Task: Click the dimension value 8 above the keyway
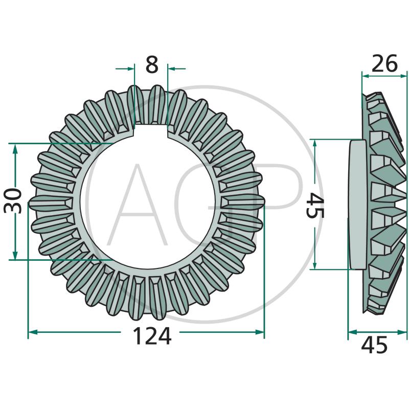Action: tap(152, 65)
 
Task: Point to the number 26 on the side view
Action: tap(384, 64)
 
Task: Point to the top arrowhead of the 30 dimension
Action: tap(16, 147)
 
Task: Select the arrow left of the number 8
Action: tap(130, 67)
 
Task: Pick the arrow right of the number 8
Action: tap(172, 67)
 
